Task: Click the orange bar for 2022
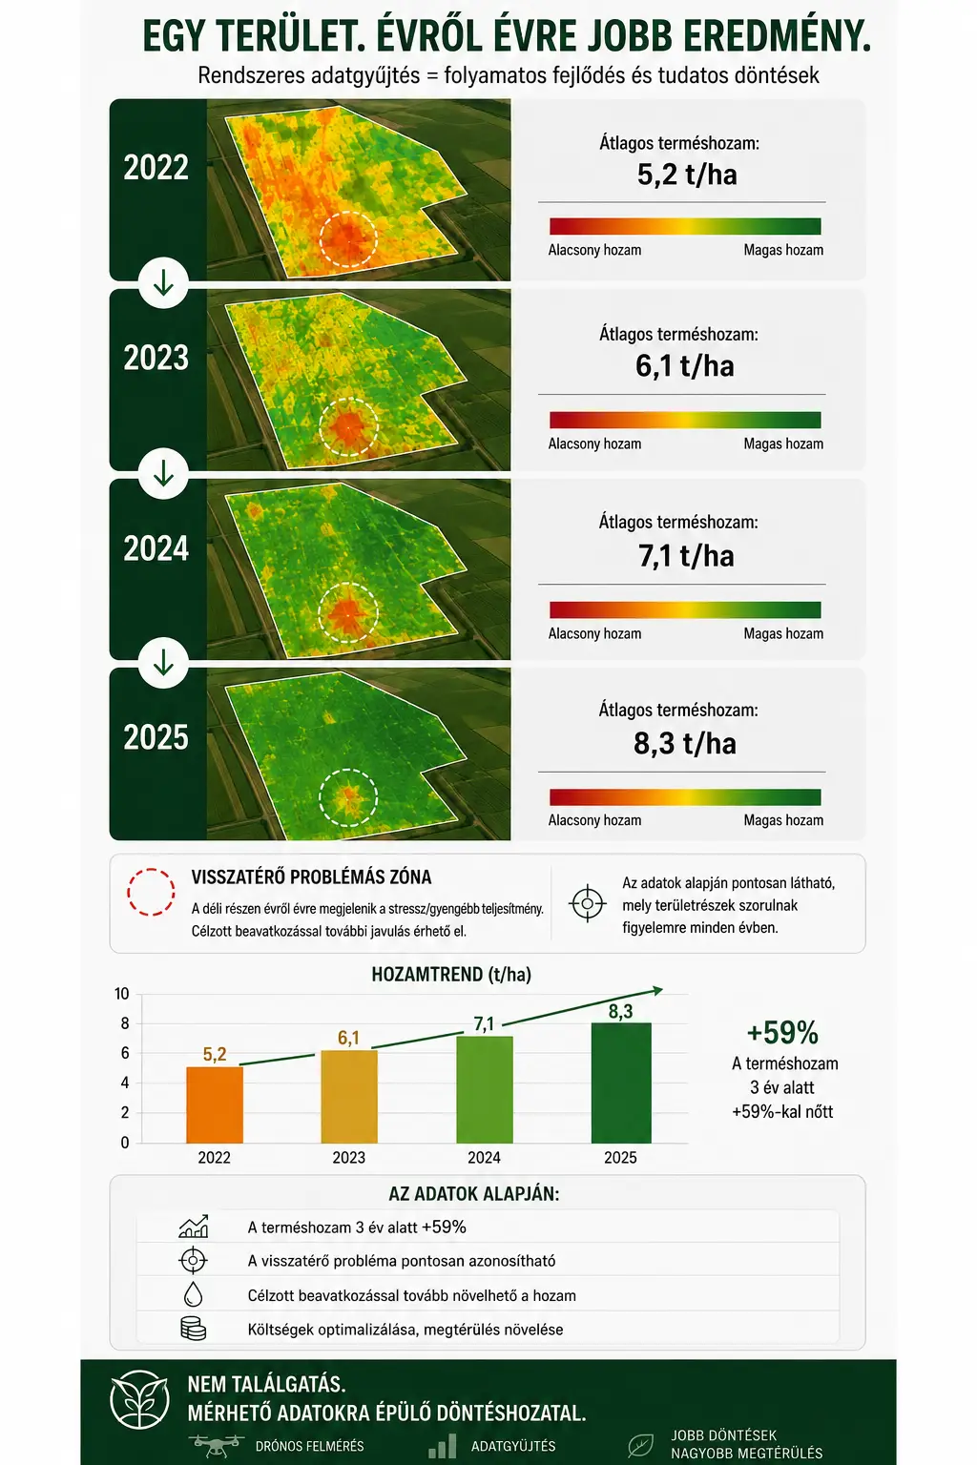[x=215, y=1104]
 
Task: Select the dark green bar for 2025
[x=621, y=1083]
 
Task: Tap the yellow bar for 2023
[x=349, y=1097]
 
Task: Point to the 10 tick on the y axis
[x=122, y=994]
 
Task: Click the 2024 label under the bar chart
[x=485, y=1158]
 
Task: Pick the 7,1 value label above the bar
[x=485, y=1024]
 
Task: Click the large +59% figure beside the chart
[x=782, y=1033]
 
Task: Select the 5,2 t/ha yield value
[x=687, y=175]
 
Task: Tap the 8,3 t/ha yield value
[x=685, y=744]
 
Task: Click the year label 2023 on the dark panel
[x=156, y=358]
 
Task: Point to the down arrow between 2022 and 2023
[x=163, y=283]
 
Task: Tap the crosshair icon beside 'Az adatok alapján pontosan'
[x=588, y=903]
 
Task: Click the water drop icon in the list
[x=193, y=1294]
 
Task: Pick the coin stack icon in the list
[x=193, y=1329]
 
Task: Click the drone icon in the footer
[x=217, y=1445]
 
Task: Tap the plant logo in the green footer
[x=139, y=1399]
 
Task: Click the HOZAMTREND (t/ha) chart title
[x=451, y=975]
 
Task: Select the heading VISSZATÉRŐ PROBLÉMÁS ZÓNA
[x=311, y=877]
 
